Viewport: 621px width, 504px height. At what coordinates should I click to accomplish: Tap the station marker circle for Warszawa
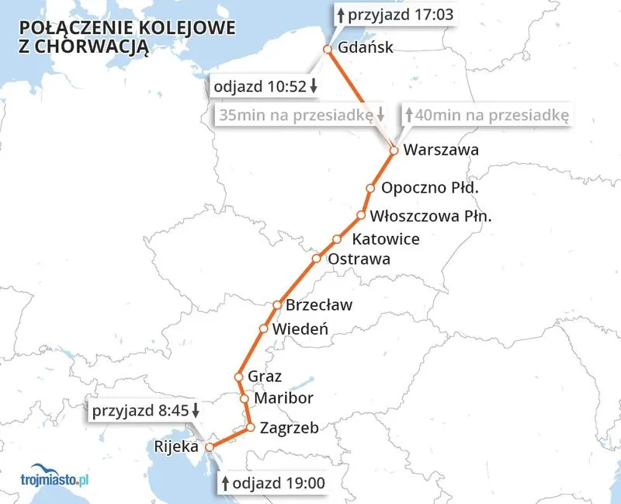[x=394, y=151]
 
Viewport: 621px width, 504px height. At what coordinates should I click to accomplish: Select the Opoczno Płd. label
[x=429, y=188]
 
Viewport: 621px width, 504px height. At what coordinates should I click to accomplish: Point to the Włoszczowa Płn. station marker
[x=361, y=215]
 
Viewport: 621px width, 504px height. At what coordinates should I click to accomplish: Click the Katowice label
[x=386, y=239]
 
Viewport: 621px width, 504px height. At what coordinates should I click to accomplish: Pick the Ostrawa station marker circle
[x=317, y=259]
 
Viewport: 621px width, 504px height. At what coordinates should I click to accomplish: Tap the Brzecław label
[x=318, y=305]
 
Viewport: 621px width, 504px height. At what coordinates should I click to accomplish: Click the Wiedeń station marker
[x=263, y=329]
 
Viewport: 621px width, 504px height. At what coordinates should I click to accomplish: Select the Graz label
[x=262, y=377]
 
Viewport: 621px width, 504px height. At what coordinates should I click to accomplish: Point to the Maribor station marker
[x=245, y=399]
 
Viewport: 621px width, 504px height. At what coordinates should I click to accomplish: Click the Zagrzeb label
[x=289, y=427]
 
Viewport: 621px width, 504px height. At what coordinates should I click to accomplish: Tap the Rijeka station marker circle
[x=208, y=447]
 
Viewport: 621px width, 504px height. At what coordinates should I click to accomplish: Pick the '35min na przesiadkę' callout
[x=302, y=115]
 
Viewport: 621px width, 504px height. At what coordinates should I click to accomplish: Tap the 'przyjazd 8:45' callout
[x=146, y=411]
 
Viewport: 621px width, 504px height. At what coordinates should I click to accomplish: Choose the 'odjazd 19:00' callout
[x=273, y=484]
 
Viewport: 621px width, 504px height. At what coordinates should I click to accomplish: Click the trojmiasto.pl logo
[x=54, y=480]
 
